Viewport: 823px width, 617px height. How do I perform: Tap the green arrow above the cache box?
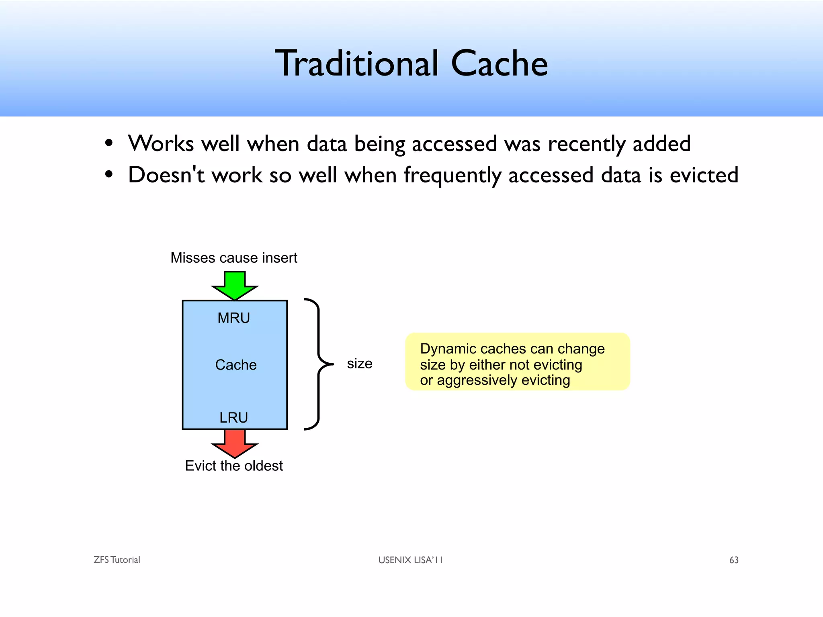click(235, 284)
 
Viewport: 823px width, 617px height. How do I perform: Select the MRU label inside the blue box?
click(233, 318)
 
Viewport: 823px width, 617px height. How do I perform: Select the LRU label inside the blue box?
click(233, 418)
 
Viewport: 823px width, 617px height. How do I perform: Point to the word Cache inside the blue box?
click(236, 365)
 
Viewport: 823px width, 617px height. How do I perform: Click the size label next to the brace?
click(360, 364)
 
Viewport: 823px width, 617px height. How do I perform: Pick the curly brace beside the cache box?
click(319, 364)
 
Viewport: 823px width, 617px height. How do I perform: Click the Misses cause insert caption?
click(234, 258)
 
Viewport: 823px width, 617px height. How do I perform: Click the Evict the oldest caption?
click(234, 466)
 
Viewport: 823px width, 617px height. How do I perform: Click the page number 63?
click(734, 560)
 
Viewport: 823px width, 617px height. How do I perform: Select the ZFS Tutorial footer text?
click(117, 560)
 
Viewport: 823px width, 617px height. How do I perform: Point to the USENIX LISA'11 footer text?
click(410, 560)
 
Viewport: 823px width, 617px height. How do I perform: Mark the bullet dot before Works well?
click(109, 143)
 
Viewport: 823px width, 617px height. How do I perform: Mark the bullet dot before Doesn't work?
click(109, 175)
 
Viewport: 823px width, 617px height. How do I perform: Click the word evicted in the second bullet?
click(704, 175)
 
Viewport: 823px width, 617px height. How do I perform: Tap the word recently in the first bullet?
click(587, 144)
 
